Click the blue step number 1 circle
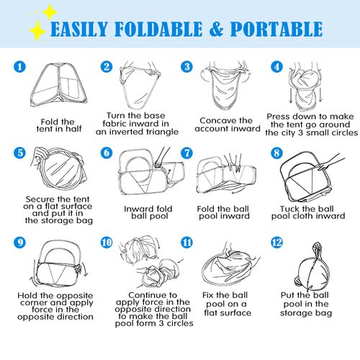(x=19, y=66)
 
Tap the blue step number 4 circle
(x=276, y=66)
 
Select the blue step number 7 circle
(x=186, y=153)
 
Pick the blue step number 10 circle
(x=107, y=243)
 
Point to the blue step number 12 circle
(x=276, y=243)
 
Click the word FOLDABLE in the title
(x=158, y=29)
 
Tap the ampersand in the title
(x=217, y=29)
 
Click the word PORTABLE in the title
(x=276, y=29)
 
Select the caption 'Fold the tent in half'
(x=59, y=125)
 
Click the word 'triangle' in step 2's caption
(x=158, y=132)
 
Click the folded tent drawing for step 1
(x=58, y=85)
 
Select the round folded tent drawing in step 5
(x=59, y=168)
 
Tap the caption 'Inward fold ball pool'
(x=149, y=212)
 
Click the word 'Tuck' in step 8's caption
(x=290, y=209)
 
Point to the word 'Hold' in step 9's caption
(x=28, y=295)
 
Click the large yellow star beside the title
(x=37, y=30)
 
